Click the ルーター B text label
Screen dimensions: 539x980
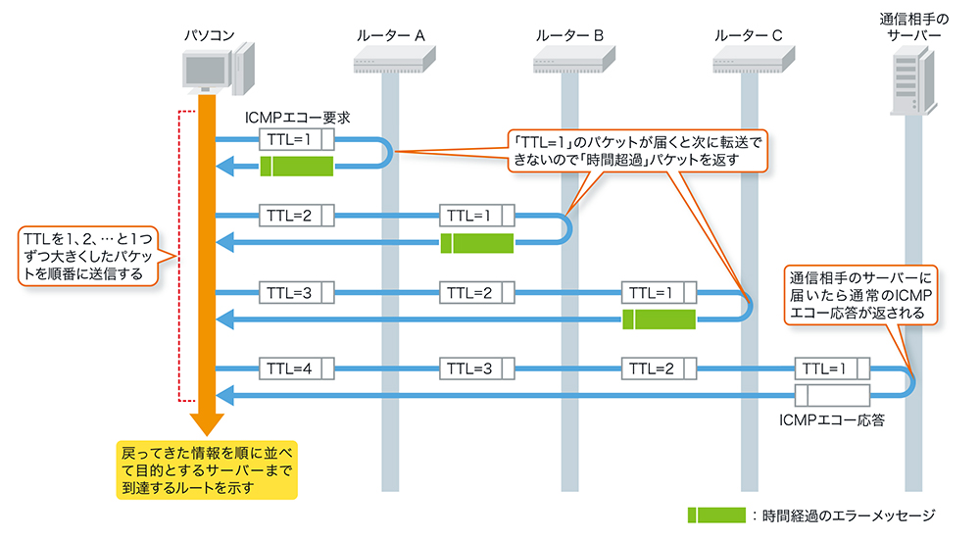tap(569, 35)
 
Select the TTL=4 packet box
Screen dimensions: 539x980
tap(296, 369)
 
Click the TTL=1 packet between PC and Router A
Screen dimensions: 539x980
tap(296, 139)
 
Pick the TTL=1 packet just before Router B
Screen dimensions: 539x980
tap(476, 216)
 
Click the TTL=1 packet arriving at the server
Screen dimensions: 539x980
tap(832, 369)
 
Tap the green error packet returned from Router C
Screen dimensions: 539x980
tap(659, 318)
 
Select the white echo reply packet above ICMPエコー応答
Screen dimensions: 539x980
tap(832, 396)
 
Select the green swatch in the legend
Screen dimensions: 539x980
tap(716, 514)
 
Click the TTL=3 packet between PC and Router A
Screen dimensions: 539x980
tap(296, 292)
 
